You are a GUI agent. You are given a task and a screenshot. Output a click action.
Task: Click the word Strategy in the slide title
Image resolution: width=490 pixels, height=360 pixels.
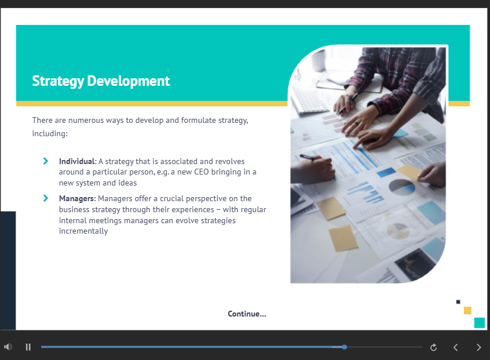(58, 81)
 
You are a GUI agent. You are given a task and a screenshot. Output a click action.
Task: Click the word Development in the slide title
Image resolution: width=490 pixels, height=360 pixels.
(129, 81)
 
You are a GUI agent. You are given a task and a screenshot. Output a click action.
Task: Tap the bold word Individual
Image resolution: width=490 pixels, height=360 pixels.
(78, 161)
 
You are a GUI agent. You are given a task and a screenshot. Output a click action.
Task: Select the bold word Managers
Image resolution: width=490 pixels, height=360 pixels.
(77, 198)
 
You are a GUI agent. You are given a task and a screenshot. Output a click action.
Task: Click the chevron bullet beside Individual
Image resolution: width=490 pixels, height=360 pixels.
(46, 161)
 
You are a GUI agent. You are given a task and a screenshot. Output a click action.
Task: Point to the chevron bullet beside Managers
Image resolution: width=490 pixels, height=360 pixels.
(46, 198)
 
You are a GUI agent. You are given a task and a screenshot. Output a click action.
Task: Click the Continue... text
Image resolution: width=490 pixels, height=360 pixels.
(247, 314)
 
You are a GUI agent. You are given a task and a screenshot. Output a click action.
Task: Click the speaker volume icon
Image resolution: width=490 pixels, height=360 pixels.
(8, 347)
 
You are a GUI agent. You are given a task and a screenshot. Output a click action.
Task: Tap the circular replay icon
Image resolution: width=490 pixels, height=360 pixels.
(433, 347)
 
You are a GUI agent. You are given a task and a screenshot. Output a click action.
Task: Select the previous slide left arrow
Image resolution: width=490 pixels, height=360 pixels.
(456, 347)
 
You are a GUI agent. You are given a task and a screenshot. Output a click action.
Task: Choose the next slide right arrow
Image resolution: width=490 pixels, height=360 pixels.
(479, 347)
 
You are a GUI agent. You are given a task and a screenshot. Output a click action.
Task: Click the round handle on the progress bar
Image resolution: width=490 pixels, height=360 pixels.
(345, 347)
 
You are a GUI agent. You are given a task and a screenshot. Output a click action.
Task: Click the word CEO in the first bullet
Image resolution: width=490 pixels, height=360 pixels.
(201, 172)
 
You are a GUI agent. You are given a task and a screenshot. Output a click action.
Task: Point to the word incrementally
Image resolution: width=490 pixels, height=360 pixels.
(83, 231)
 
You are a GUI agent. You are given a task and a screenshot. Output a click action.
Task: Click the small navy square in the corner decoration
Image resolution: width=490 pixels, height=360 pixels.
(458, 302)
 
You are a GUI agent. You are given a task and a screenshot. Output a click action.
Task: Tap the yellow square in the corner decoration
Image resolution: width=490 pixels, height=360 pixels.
(467, 310)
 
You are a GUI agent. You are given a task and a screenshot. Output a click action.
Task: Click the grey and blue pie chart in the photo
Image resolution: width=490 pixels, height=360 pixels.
(401, 187)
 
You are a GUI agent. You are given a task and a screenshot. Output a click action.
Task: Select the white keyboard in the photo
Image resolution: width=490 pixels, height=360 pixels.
(309, 99)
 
